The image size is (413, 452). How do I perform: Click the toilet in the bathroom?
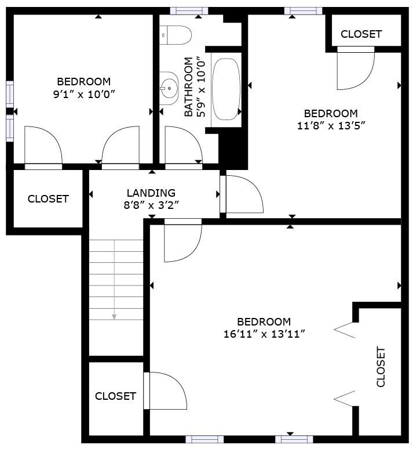176,35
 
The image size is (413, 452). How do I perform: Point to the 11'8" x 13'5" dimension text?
331,124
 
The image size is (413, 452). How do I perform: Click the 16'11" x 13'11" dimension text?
264,334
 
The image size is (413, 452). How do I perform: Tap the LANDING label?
151,193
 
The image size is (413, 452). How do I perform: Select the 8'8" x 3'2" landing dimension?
151,204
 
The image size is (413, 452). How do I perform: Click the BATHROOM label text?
189,87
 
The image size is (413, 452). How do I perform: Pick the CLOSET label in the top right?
361,34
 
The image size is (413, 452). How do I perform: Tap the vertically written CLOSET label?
381,367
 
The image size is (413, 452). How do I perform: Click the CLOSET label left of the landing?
48,199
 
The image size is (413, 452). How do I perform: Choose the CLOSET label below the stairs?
115,396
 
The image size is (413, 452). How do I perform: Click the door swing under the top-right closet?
354,70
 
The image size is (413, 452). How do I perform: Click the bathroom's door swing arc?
183,145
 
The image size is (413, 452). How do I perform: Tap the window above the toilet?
189,10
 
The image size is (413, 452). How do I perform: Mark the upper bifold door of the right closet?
346,330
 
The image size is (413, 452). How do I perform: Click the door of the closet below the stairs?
166,391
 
